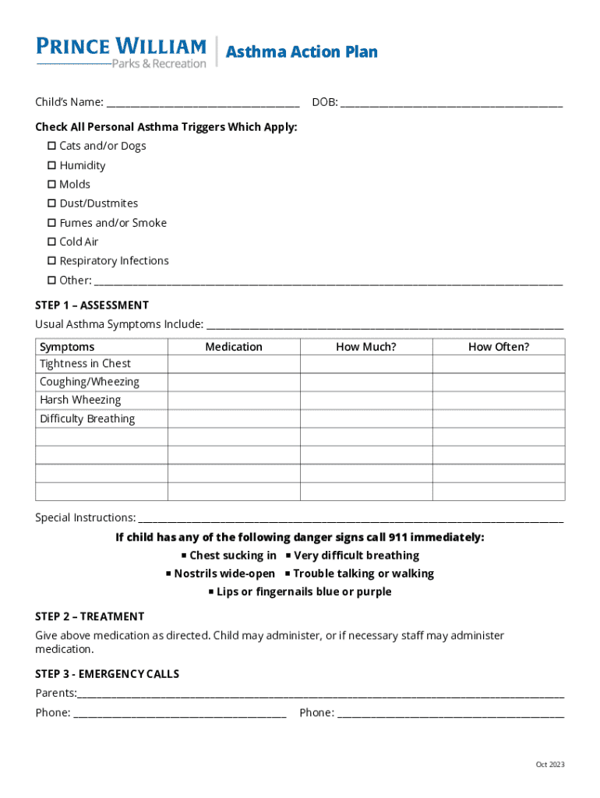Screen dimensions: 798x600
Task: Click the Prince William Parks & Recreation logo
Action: pos(121,51)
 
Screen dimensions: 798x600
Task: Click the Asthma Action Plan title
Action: pos(302,52)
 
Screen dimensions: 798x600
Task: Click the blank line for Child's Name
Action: pos(203,102)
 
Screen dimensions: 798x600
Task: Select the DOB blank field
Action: pos(451,102)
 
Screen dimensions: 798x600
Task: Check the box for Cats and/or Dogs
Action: pos(51,146)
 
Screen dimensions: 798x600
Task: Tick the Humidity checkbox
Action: pos(51,165)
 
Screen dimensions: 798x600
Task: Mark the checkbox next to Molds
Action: pos(51,184)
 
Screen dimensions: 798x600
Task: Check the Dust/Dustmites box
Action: pos(51,203)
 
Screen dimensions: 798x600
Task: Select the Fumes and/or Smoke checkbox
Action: pos(51,223)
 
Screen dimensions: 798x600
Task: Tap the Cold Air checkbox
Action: pos(51,242)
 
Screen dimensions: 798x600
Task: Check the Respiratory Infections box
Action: pos(51,260)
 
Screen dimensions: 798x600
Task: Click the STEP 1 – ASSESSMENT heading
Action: pos(92,305)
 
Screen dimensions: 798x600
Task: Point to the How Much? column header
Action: pos(365,347)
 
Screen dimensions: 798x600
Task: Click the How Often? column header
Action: pos(498,347)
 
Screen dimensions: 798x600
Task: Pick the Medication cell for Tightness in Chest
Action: pos(234,364)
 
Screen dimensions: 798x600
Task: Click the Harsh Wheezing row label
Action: pos(80,400)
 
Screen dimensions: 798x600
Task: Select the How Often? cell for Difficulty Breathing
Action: pos(498,418)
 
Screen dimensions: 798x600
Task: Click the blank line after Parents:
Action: pos(319,694)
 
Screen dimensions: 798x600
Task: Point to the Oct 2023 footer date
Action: pos(549,764)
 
